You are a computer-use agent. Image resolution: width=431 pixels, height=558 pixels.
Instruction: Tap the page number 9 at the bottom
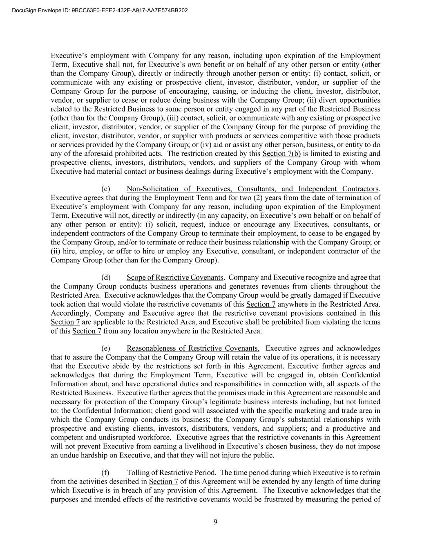[215, 521]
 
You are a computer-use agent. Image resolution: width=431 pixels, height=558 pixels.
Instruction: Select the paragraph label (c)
[106, 189]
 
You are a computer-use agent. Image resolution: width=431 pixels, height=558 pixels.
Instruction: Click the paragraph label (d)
[106, 278]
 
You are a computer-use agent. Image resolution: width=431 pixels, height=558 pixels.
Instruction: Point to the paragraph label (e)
[106, 348]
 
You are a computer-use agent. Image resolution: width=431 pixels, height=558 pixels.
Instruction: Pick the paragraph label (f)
[105, 473]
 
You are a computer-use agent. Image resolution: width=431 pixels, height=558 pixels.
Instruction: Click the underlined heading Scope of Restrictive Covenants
[175, 278]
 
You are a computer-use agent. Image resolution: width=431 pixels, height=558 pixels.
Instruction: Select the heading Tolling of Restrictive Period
[170, 473]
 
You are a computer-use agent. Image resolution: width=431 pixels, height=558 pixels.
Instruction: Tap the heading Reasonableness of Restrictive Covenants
[193, 348]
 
